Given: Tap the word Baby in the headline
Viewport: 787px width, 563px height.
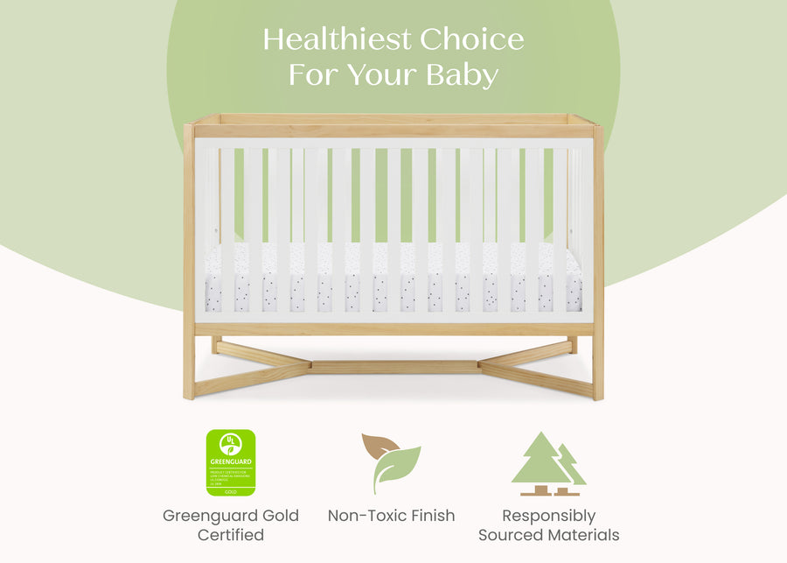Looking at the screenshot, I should [x=462, y=75].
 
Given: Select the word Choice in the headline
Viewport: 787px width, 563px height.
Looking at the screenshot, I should [x=471, y=39].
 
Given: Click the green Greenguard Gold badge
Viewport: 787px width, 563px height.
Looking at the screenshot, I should [x=230, y=462].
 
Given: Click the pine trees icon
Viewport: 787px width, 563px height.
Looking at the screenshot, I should [x=548, y=463].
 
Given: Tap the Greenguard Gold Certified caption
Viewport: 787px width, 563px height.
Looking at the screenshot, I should [x=230, y=524].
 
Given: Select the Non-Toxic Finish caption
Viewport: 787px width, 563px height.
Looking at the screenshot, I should [x=391, y=516].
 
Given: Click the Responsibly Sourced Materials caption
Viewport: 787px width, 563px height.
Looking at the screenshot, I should [x=548, y=524].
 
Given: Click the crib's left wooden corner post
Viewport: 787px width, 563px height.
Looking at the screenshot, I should [x=189, y=263].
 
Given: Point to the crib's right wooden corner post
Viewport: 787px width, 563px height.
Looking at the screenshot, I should [x=598, y=263].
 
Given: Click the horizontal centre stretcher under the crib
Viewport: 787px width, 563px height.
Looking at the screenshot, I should [x=394, y=367].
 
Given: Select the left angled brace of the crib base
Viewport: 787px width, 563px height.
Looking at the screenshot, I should [x=254, y=368].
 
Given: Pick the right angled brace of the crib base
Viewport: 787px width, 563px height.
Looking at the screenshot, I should [x=535, y=368].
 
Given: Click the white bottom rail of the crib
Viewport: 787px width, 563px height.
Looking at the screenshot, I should [x=393, y=317].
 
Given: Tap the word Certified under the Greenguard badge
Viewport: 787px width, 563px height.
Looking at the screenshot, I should [x=230, y=534].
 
